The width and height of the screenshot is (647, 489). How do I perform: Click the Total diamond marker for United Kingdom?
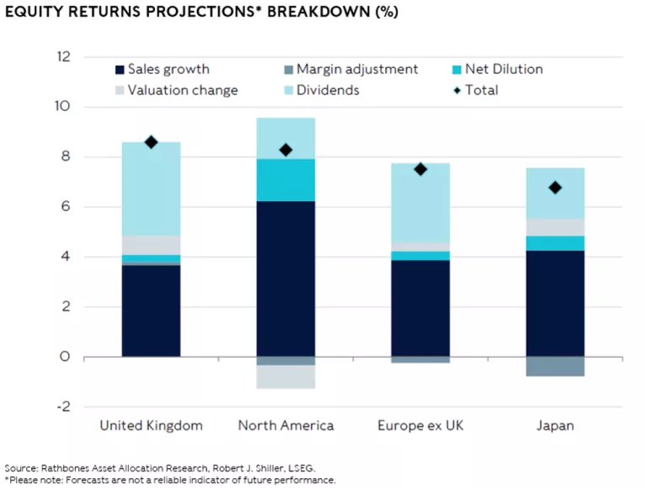152,142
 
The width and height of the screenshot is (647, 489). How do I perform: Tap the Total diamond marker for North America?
286,150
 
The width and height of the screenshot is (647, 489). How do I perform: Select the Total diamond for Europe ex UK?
420,169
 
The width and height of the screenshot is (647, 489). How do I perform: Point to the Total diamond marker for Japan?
555,188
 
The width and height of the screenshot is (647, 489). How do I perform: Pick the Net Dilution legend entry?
498,69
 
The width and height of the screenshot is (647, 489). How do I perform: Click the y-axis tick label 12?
64,57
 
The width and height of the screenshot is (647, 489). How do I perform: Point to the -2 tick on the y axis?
65,407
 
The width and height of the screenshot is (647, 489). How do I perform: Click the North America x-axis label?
286,426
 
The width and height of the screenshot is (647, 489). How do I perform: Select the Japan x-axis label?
555,426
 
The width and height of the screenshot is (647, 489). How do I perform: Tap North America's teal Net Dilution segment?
286,180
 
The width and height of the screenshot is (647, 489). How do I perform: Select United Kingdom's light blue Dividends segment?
152,189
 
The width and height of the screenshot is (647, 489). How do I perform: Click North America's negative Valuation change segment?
286,376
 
